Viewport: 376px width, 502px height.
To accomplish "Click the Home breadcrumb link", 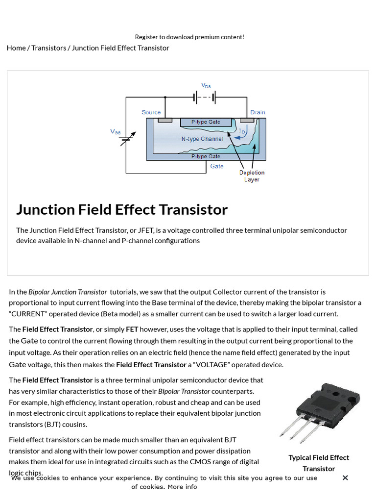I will [16, 48].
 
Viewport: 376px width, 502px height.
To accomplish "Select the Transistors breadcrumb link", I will [48, 48].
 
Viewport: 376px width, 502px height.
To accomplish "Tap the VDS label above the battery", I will [206, 86].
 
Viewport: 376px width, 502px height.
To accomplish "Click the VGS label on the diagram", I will [115, 131].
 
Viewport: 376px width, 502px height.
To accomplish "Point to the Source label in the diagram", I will [151, 112].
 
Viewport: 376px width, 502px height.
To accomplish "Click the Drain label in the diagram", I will [258, 112].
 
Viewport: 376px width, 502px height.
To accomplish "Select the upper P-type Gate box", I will [206, 122].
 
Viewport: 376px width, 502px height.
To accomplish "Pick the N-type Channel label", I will [202, 139].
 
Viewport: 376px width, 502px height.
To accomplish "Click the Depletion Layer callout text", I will [252, 176].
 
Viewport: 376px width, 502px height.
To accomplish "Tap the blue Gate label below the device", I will [216, 166].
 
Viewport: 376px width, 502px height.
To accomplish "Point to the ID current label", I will [242, 131].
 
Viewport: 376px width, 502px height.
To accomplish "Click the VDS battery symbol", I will [205, 98].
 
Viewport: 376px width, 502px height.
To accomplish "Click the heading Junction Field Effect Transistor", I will [122, 209].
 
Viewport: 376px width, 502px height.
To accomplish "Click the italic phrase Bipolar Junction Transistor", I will [68, 292].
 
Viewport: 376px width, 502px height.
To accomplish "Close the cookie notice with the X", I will [345, 477].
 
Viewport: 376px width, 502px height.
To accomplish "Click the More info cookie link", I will [182, 487].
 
